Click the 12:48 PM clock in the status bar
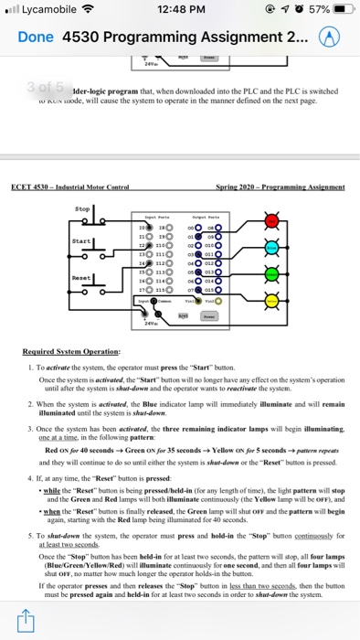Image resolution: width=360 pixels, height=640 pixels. pyautogui.click(x=178, y=11)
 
